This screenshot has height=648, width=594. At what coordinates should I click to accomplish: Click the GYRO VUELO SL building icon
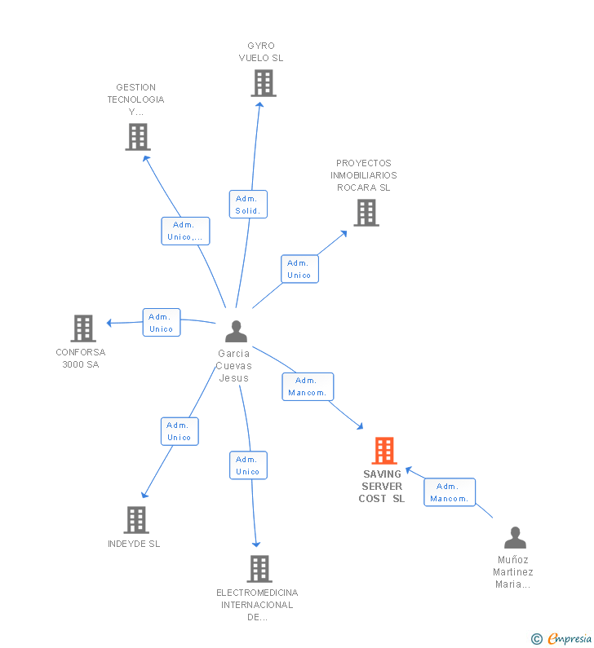tap(263, 83)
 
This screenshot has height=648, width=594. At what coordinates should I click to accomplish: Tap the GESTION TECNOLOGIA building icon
tap(138, 137)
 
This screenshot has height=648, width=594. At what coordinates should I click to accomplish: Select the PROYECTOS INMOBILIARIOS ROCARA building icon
tap(366, 213)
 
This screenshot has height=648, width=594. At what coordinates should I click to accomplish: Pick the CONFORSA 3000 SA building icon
tap(83, 328)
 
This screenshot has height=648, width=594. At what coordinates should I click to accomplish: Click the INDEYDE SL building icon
tap(136, 520)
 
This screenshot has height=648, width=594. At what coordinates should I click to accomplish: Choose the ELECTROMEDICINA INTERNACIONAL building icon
tap(259, 569)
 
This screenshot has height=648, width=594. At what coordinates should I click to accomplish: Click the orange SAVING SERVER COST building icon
tap(383, 451)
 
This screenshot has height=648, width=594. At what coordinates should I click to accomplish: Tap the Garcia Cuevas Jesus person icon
tap(236, 331)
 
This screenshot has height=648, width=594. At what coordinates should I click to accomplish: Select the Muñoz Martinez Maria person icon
tap(515, 538)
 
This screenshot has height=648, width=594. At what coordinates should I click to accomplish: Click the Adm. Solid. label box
tap(247, 205)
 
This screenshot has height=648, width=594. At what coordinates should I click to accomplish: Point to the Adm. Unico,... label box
tap(185, 231)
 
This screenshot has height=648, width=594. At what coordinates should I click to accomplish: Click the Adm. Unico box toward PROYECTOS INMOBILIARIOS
tap(299, 269)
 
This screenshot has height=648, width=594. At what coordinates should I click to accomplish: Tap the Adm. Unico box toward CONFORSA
tap(162, 323)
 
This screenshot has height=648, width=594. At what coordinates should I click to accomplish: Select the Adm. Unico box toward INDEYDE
tap(180, 431)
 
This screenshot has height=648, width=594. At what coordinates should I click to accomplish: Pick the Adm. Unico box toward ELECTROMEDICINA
tap(248, 465)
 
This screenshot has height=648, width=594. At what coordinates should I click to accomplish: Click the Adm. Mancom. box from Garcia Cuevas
tap(308, 386)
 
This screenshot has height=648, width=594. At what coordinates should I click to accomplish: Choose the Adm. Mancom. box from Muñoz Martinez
tap(450, 492)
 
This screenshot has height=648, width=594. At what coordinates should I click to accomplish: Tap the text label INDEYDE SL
tap(134, 544)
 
